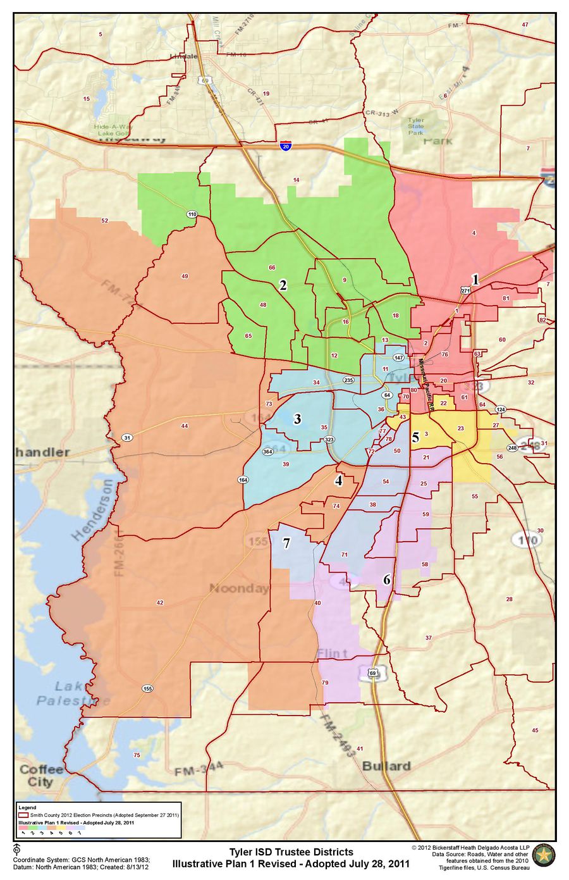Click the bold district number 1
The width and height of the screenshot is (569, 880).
tap(475, 278)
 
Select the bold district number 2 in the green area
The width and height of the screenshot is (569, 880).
tap(283, 285)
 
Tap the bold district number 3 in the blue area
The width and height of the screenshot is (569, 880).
tap(297, 418)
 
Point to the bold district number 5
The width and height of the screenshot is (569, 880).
tap(415, 437)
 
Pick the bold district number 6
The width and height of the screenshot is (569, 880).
tap(386, 579)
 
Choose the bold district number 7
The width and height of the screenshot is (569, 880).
tap(286, 543)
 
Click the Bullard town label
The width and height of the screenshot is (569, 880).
tap(386, 765)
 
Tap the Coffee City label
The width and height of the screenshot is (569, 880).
tap(41, 775)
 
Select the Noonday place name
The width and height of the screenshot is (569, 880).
tap(239, 588)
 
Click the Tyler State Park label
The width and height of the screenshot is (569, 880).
tap(416, 127)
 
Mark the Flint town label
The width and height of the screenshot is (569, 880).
tap(333, 653)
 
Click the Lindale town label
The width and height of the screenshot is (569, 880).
tap(184, 56)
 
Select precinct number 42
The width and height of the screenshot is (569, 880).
tap(159, 603)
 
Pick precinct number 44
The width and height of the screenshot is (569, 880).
tap(184, 426)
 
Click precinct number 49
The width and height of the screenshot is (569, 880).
tap(185, 276)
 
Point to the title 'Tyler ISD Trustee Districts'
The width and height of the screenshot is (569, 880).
tap(291, 852)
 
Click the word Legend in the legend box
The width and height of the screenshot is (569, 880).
tap(27, 808)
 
